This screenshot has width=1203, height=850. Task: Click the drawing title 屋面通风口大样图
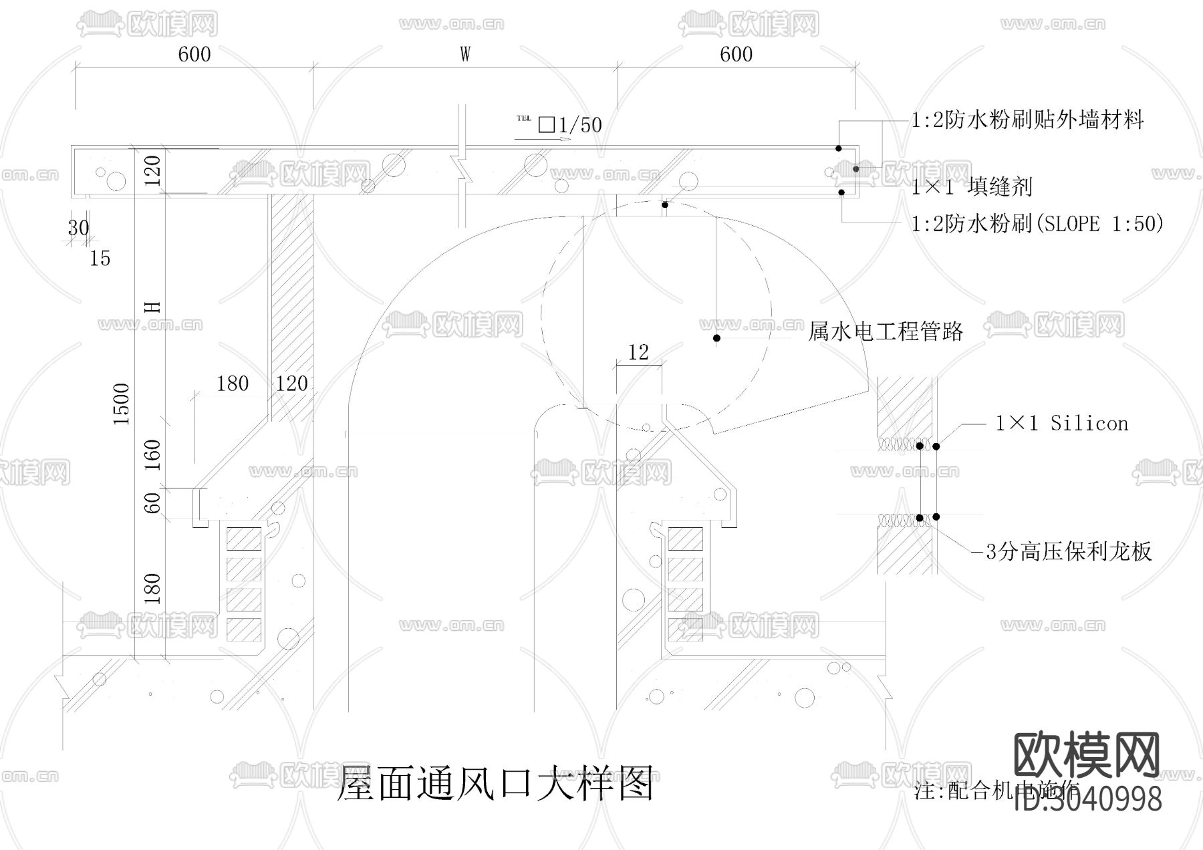click(495, 783)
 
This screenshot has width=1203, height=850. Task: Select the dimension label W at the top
click(465, 54)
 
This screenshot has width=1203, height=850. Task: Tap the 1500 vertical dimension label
click(121, 405)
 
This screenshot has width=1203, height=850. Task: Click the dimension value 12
click(638, 352)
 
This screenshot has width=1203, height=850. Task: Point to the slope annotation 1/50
click(579, 125)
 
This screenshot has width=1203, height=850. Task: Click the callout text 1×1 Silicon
click(1061, 423)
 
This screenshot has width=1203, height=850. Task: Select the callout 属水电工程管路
click(886, 331)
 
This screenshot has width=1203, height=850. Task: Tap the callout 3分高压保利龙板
click(1069, 552)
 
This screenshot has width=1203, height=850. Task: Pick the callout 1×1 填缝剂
click(972, 187)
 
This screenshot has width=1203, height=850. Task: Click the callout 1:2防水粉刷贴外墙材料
click(1028, 120)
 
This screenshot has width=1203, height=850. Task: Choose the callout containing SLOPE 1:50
click(1037, 223)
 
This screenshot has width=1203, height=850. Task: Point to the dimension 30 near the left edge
click(78, 228)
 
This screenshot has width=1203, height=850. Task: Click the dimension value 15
click(100, 259)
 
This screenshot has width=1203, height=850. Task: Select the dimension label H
click(153, 307)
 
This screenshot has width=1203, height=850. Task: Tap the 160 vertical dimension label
click(153, 454)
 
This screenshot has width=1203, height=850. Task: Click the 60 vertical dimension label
click(153, 503)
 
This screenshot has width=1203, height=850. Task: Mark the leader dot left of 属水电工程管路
click(716, 338)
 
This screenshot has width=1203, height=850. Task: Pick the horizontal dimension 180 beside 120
click(233, 384)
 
